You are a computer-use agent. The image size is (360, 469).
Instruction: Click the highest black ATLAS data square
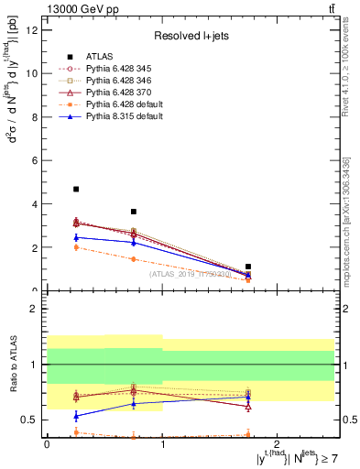pos(76,190)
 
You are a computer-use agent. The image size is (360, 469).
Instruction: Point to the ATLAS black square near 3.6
pos(134,212)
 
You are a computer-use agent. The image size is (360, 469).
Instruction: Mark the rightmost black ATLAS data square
pos(248,267)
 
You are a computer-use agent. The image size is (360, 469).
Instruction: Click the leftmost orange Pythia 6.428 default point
pos(76,247)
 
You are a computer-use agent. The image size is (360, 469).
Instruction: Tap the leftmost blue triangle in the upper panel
pos(76,237)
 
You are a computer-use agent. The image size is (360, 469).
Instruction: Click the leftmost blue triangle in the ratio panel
pos(76,416)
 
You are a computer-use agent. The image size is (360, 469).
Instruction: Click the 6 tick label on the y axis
pos(37,160)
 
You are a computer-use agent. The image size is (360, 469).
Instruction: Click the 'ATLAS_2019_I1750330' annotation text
pos(190,274)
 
